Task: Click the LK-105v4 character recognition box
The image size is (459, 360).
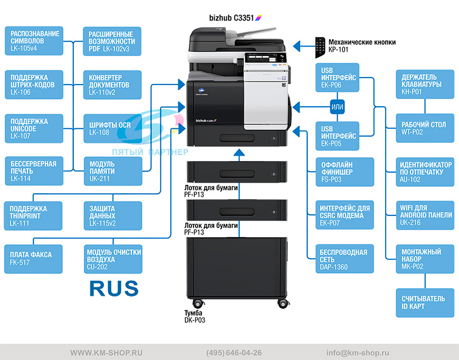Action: [x=34, y=41]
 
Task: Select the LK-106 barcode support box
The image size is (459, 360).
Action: [x=34, y=84]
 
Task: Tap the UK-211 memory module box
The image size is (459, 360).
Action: [x=113, y=172]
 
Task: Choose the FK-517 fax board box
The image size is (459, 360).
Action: [x=33, y=259]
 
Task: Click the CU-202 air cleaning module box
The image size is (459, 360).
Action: [x=113, y=259]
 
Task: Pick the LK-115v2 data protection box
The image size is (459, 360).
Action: [x=113, y=215]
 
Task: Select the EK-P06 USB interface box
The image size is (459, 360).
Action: [x=337, y=78]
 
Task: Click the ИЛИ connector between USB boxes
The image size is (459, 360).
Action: [x=337, y=107]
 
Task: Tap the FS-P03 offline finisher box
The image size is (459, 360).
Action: [x=345, y=172]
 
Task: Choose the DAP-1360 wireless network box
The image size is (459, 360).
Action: [x=345, y=259]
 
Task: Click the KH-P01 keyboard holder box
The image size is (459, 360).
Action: [x=425, y=84]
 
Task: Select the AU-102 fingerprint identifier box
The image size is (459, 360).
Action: [x=425, y=172]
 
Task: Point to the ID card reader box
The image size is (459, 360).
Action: [x=425, y=303]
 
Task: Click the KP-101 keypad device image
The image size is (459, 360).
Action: [x=320, y=48]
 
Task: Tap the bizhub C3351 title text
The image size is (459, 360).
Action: [x=232, y=18]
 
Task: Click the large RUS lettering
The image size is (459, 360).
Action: [x=114, y=288]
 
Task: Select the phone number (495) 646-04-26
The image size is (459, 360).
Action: [x=234, y=353]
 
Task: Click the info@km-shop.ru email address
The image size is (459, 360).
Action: [x=358, y=353]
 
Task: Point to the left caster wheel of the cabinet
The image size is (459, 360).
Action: [x=198, y=303]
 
